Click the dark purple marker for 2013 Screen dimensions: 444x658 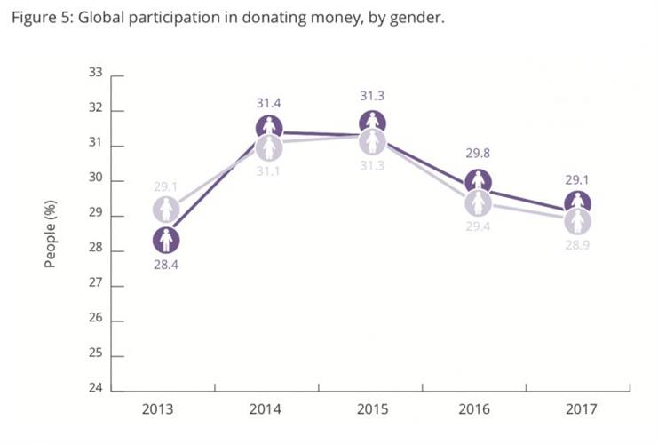[x=165, y=240]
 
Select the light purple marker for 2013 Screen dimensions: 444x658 [x=165, y=210]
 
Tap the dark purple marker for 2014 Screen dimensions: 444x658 [x=269, y=127]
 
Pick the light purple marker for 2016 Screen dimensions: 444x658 [x=480, y=203]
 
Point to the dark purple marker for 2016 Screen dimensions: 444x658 [x=478, y=182]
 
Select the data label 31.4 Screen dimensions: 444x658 [x=269, y=103]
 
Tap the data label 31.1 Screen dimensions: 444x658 [x=269, y=170]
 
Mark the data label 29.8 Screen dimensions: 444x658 [x=478, y=157]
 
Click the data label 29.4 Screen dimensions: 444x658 [x=480, y=227]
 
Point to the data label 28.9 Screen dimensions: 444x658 [x=579, y=244]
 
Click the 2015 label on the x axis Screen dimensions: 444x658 [x=373, y=409]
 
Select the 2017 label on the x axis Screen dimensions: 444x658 [x=581, y=409]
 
